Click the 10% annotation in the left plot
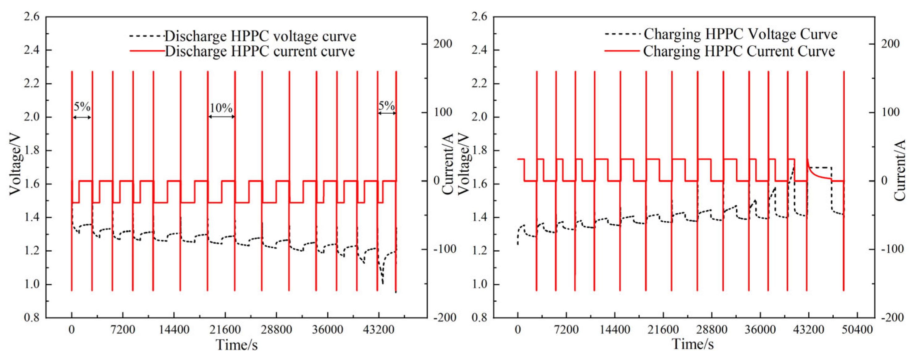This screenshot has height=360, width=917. point(221,107)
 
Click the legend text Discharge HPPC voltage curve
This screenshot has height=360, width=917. point(260,36)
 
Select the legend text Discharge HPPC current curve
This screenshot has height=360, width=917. point(260,51)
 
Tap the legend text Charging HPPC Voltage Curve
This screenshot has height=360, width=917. point(740,34)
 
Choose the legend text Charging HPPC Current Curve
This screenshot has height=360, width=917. point(739,51)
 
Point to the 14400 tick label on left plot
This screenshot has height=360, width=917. point(174,330)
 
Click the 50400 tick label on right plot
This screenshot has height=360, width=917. point(857,330)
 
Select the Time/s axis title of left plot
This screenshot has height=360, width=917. point(237,345)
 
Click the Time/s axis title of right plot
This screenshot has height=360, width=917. point(692,344)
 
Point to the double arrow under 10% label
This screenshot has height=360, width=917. point(221,117)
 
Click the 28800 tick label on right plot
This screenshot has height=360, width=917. point(712,330)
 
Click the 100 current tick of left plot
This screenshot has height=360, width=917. point(443,112)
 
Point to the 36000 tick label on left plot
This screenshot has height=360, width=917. point(328,330)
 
